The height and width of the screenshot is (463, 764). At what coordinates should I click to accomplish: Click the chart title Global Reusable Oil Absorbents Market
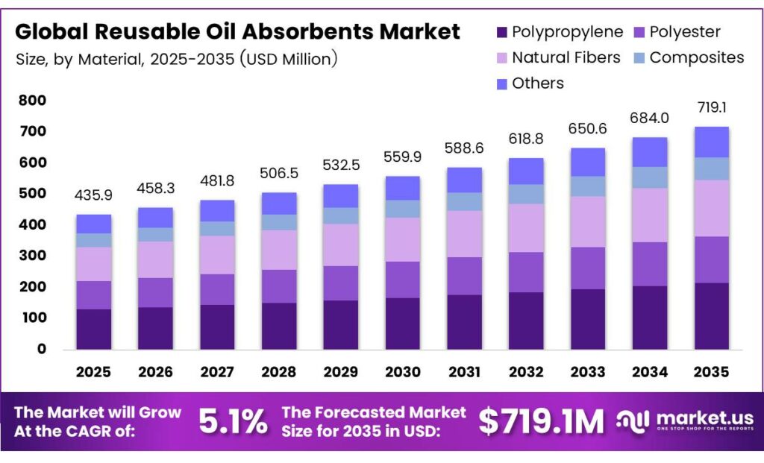pyautogui.click(x=238, y=32)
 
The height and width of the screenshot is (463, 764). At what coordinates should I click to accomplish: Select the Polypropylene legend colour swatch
pyautogui.click(x=501, y=32)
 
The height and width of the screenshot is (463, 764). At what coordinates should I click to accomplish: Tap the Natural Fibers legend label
pyautogui.click(x=566, y=57)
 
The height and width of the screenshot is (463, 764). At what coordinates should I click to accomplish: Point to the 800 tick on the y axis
pyautogui.click(x=33, y=100)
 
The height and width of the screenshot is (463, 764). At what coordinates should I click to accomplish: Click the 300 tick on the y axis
pyautogui.click(x=33, y=256)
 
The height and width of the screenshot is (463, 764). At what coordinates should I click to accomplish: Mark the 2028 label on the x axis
pyautogui.click(x=278, y=371)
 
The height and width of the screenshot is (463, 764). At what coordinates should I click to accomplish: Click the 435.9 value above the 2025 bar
pyautogui.click(x=93, y=195)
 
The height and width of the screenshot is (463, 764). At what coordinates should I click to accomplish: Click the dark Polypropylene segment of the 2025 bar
pyautogui.click(x=93, y=328)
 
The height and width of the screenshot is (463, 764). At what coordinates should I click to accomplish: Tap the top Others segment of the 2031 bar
pyautogui.click(x=463, y=180)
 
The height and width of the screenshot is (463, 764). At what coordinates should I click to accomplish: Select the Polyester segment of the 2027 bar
pyautogui.click(x=216, y=289)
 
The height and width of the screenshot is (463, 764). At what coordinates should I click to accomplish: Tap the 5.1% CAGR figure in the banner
pyautogui.click(x=233, y=422)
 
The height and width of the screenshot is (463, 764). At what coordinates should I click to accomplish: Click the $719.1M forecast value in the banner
pyautogui.click(x=541, y=422)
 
